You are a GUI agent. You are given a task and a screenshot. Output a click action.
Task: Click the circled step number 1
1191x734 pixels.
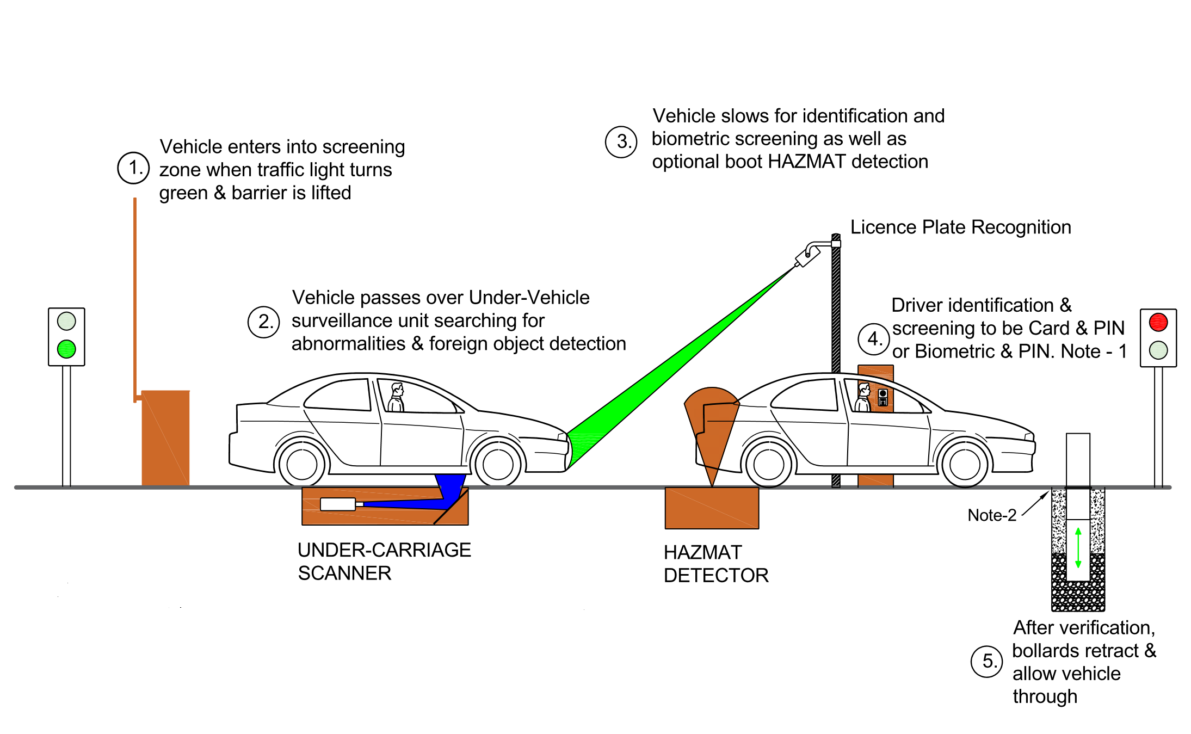(133, 168)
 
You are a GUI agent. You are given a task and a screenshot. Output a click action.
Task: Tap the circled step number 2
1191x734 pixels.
(264, 322)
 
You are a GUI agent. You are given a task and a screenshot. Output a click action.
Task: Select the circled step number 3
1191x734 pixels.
(621, 142)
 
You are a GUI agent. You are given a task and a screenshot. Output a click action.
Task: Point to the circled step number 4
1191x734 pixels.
(874, 339)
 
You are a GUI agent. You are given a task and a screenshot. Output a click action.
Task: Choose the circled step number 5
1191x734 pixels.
(987, 662)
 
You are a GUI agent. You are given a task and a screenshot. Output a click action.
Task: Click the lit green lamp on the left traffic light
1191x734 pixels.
(66, 349)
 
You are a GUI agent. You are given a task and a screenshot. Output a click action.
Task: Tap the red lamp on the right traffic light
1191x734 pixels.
(1158, 322)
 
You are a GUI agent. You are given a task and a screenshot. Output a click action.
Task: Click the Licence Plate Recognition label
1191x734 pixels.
(960, 227)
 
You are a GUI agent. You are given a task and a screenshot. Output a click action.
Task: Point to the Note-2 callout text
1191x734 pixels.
(991, 515)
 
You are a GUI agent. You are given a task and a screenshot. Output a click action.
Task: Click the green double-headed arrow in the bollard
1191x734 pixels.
(1078, 547)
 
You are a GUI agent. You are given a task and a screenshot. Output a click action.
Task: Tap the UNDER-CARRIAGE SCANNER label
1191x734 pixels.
(384, 562)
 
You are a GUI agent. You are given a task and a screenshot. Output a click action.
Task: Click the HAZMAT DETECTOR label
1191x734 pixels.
(715, 564)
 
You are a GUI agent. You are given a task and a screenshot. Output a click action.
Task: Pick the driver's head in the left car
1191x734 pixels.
(398, 390)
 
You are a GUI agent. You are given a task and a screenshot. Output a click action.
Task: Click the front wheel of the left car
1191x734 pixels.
(497, 464)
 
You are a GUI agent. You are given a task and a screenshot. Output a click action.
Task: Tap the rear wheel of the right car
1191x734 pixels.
(768, 464)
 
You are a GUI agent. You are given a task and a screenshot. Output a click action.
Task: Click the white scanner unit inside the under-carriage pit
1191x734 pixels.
(338, 504)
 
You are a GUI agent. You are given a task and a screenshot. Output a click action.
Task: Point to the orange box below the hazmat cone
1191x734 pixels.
(712, 508)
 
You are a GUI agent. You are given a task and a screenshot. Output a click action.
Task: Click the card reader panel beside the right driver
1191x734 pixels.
(883, 397)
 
